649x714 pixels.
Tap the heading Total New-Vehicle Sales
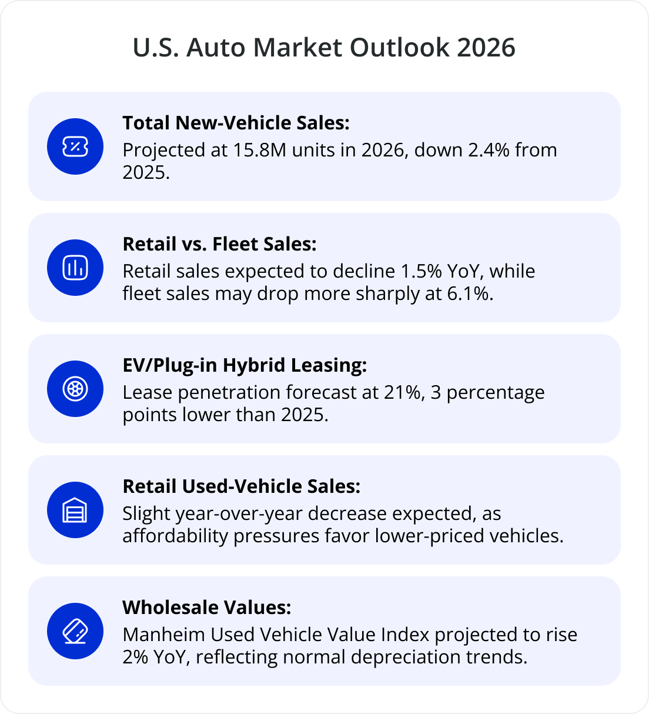coord(236,123)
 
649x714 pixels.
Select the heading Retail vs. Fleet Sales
coord(219,244)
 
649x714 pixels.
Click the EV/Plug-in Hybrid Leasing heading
coord(245,365)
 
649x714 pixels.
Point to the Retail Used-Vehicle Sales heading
coord(241,486)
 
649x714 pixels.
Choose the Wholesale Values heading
coord(206,608)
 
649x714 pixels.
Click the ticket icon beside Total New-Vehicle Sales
coord(75,146)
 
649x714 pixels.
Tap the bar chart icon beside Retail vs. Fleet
coord(75,268)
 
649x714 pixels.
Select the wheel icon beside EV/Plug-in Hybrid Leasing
coord(75,389)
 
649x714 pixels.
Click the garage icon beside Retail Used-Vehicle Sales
coord(75,510)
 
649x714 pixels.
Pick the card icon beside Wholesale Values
coord(75,631)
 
